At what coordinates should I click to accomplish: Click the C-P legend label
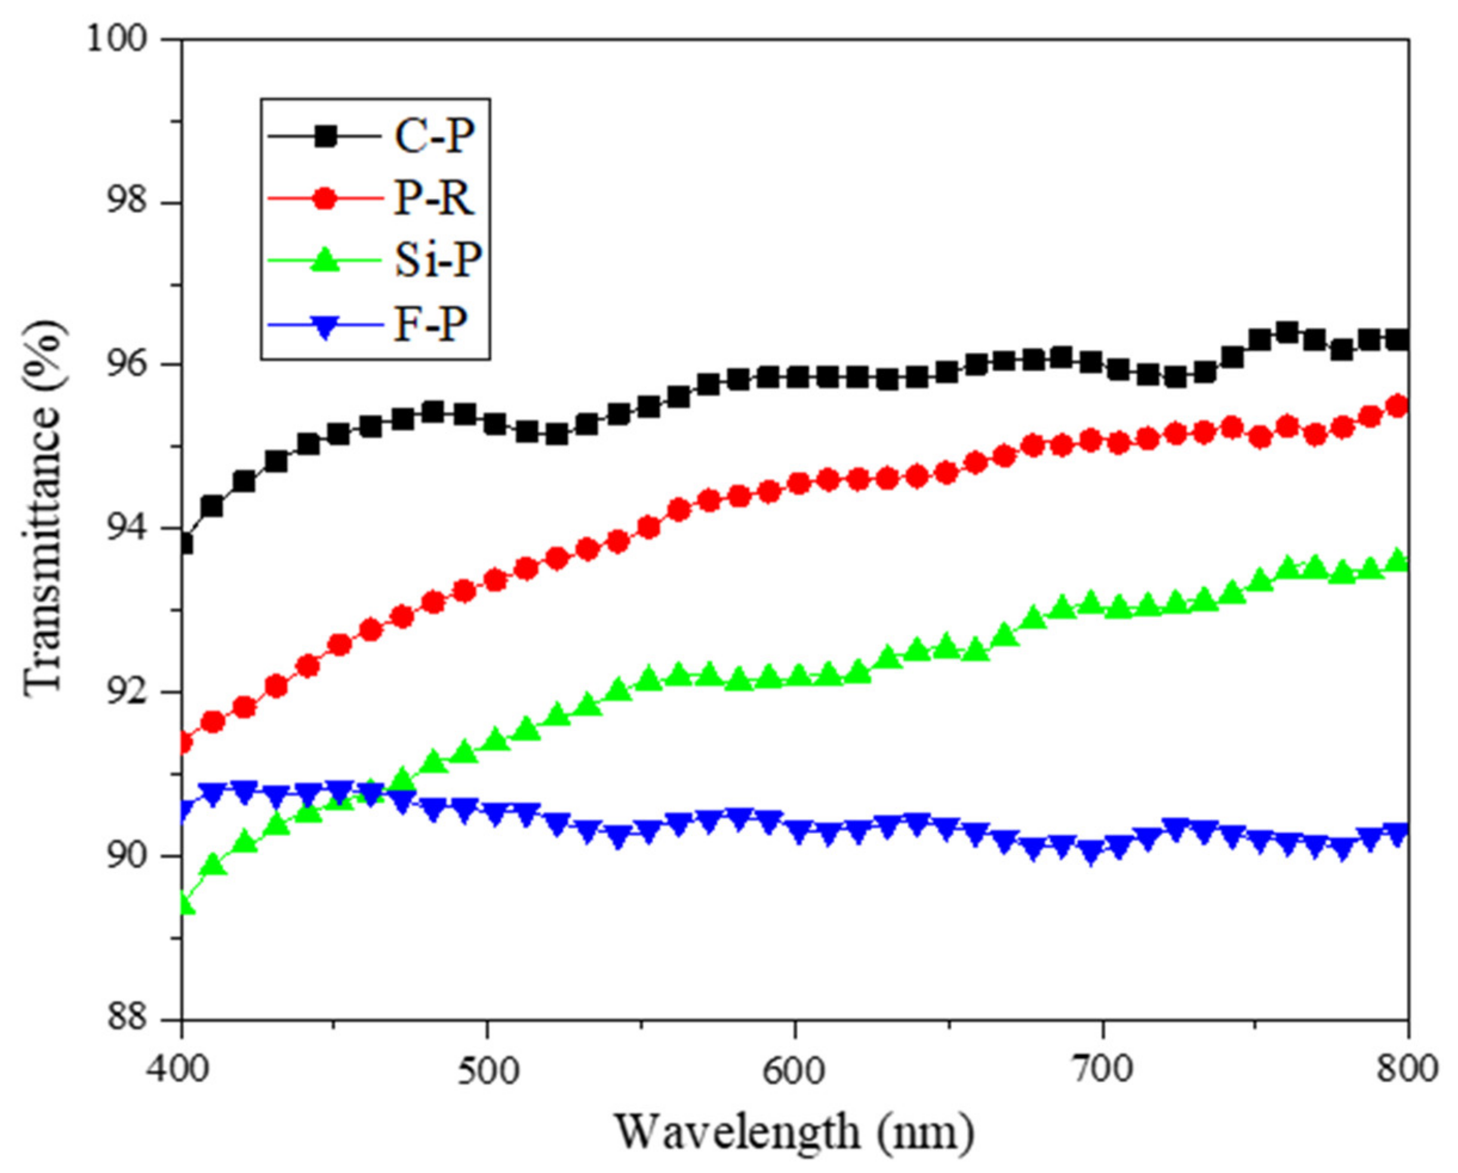pos(434,137)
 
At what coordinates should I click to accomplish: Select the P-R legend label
pos(434,199)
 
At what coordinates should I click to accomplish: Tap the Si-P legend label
pos(439,261)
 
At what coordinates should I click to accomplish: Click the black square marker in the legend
pos(326,137)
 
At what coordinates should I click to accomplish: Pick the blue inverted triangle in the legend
pos(326,327)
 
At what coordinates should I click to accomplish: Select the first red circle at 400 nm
pos(183,743)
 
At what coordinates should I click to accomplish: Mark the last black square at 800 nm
pos(1397,340)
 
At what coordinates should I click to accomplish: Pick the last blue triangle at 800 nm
pos(1397,833)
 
